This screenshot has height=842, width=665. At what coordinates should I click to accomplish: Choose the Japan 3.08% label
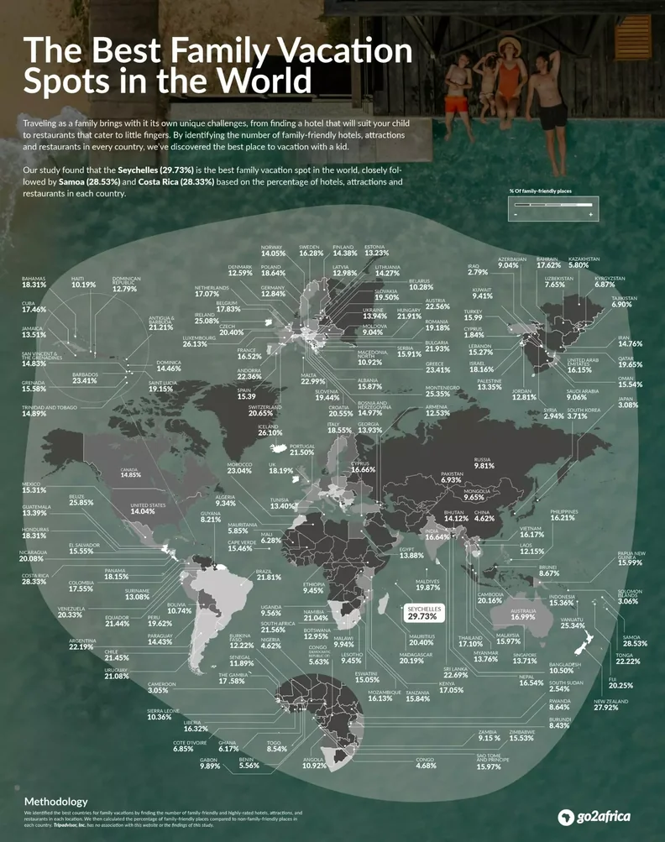pyautogui.click(x=628, y=402)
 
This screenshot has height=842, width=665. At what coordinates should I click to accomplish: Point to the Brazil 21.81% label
pyautogui.click(x=269, y=575)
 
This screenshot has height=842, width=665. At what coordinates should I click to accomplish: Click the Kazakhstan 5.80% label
pyautogui.click(x=584, y=262)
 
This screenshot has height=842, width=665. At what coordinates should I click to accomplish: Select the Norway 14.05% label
pyautogui.click(x=273, y=249)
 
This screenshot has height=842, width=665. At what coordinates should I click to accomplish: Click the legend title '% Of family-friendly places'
pyautogui.click(x=538, y=192)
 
